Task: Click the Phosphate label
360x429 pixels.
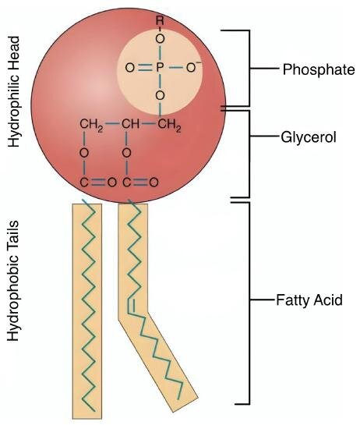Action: (319, 69)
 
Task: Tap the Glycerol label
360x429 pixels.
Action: (309, 136)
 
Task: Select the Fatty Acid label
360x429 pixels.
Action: (309, 300)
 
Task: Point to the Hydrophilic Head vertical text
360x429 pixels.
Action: (14, 92)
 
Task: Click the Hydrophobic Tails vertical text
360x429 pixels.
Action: (13, 281)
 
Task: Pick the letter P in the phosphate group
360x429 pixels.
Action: (160, 67)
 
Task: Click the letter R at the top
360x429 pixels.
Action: (160, 20)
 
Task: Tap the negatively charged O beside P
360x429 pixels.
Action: (193, 67)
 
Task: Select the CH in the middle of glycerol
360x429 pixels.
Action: (130, 124)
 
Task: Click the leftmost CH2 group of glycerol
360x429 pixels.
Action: (91, 125)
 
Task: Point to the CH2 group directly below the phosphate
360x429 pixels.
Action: (169, 125)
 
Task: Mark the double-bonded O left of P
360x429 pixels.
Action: (130, 67)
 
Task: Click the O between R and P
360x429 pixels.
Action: (161, 39)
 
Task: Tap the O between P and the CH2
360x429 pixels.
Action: (161, 96)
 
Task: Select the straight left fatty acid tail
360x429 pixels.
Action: (87, 311)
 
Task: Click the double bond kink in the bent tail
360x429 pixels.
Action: (131, 307)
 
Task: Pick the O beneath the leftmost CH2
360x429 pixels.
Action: (84, 153)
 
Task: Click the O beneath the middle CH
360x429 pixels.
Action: (126, 153)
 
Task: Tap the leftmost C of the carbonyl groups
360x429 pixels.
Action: (84, 183)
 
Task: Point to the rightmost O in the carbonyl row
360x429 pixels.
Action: (154, 183)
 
